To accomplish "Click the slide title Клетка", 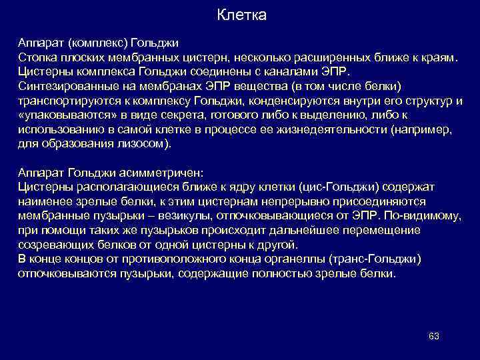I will (x=241, y=15).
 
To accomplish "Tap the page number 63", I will (x=433, y=335).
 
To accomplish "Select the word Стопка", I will (x=36, y=57).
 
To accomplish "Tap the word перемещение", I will (x=386, y=230).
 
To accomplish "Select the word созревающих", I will (x=50, y=244).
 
